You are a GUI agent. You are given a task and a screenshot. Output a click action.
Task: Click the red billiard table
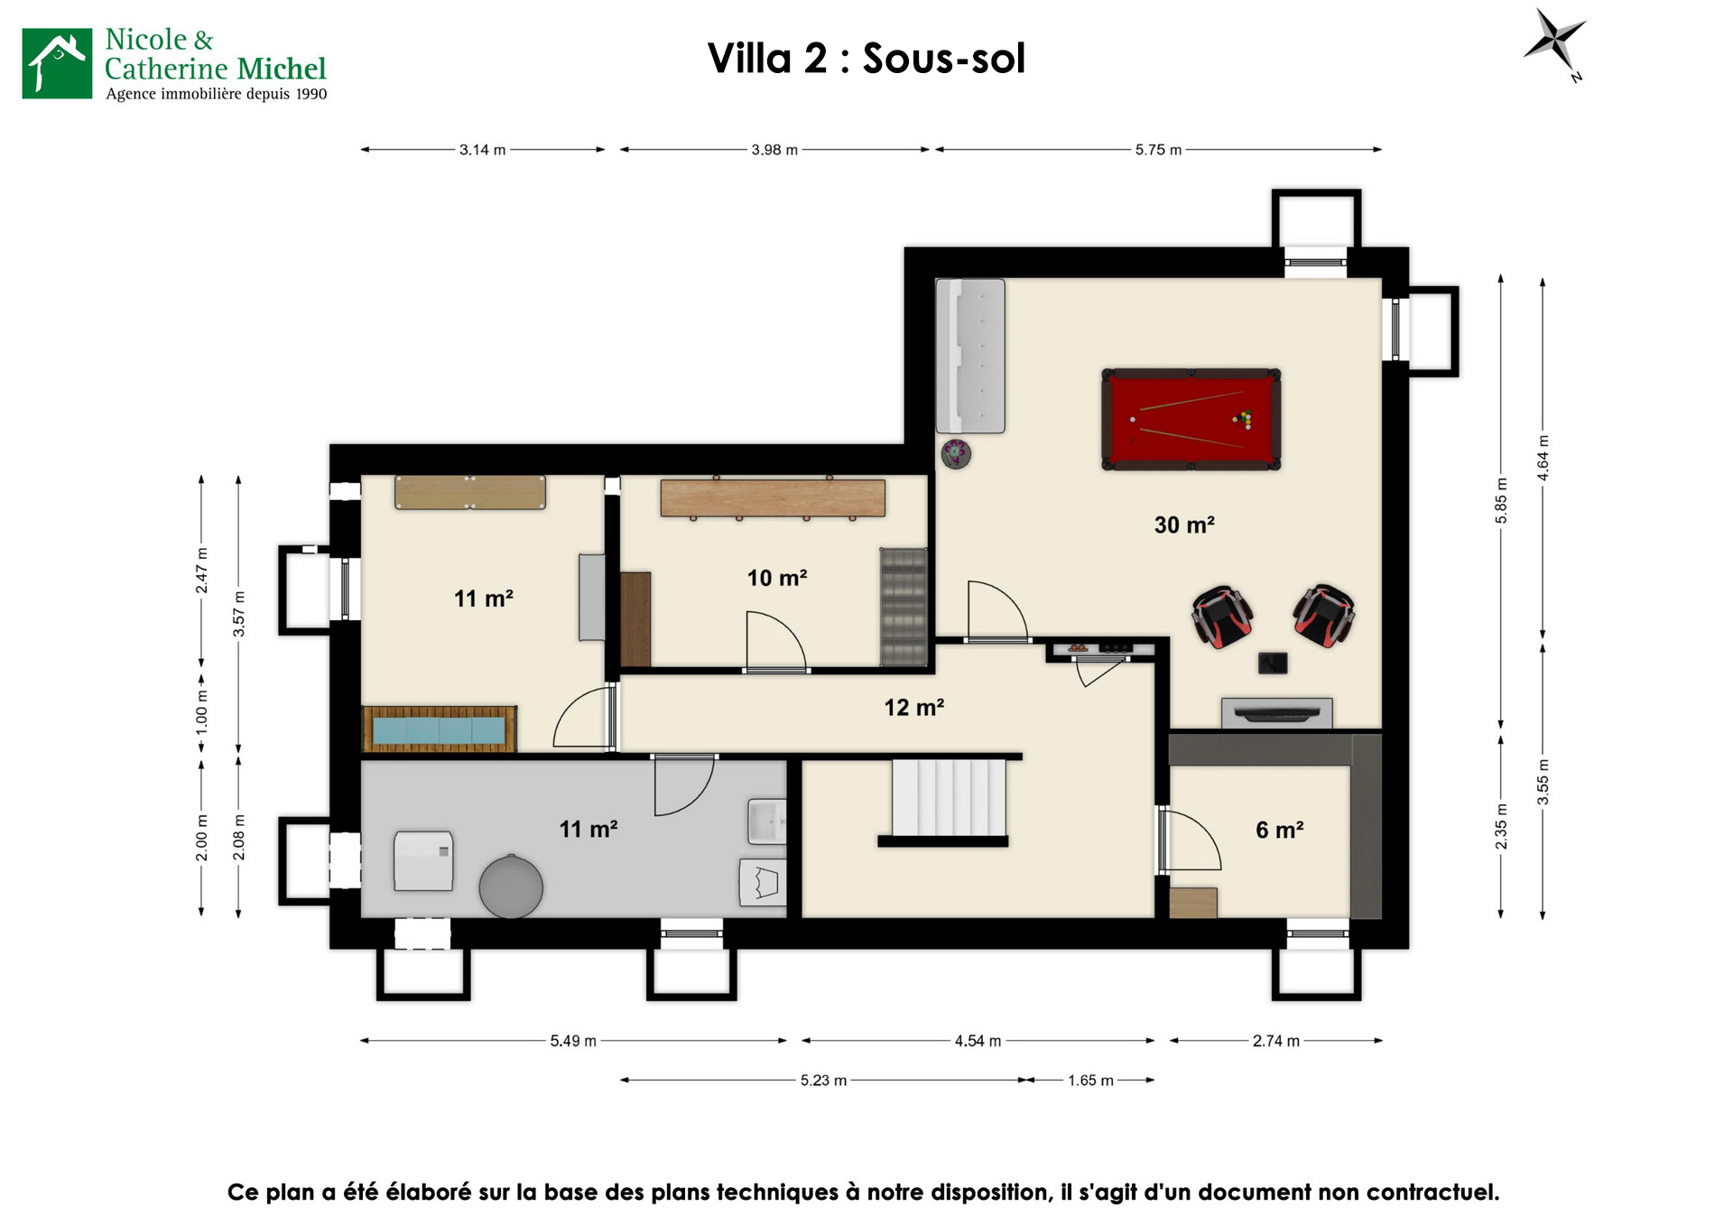click(x=1191, y=419)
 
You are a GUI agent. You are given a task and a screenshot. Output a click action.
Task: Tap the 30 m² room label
click(x=1184, y=525)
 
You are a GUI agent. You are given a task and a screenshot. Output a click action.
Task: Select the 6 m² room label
click(x=1279, y=830)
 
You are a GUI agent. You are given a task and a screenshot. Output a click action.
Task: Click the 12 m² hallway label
click(x=913, y=707)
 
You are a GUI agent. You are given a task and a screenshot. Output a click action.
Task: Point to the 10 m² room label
click(x=776, y=578)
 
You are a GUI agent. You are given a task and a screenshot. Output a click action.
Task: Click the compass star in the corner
click(x=1554, y=41)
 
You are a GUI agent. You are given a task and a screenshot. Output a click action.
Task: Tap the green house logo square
click(x=57, y=63)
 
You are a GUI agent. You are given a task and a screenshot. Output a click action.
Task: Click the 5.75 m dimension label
click(x=1158, y=150)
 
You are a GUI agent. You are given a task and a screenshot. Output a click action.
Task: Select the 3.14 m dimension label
click(x=482, y=150)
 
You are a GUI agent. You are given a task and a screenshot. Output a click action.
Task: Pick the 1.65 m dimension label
click(x=1090, y=1081)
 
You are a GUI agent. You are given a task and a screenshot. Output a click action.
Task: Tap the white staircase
click(x=948, y=797)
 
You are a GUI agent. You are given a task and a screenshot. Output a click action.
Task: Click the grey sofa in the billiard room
click(x=970, y=356)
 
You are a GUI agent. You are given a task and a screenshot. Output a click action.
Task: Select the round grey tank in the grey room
click(x=511, y=887)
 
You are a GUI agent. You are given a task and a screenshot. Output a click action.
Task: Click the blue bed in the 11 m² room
click(x=439, y=729)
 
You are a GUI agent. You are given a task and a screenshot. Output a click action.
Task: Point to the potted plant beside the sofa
click(x=956, y=453)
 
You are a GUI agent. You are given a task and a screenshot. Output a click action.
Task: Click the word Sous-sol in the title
click(x=943, y=59)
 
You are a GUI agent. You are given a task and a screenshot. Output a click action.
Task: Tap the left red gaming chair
click(x=1222, y=617)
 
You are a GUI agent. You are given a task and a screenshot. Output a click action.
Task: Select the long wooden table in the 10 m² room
click(x=773, y=497)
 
